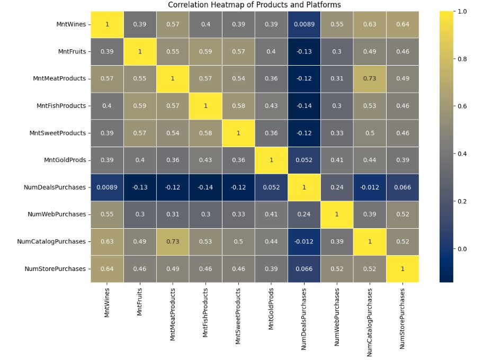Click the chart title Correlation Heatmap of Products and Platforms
[254, 5]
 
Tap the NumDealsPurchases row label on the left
[55, 187]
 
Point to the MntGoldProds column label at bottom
[271, 310]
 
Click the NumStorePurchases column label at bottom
[402, 318]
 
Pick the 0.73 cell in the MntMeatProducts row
[369, 78]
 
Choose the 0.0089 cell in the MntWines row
[303, 24]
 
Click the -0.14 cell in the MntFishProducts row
[303, 106]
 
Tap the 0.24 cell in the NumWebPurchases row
[303, 214]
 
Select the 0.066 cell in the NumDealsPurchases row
[402, 187]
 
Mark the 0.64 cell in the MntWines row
[402, 24]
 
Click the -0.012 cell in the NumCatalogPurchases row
[303, 241]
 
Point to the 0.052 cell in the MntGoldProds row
[303, 160]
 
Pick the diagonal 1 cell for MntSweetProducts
[238, 133]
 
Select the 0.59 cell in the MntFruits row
[205, 51]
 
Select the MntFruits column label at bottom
[140, 302]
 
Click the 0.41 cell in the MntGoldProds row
[336, 160]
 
